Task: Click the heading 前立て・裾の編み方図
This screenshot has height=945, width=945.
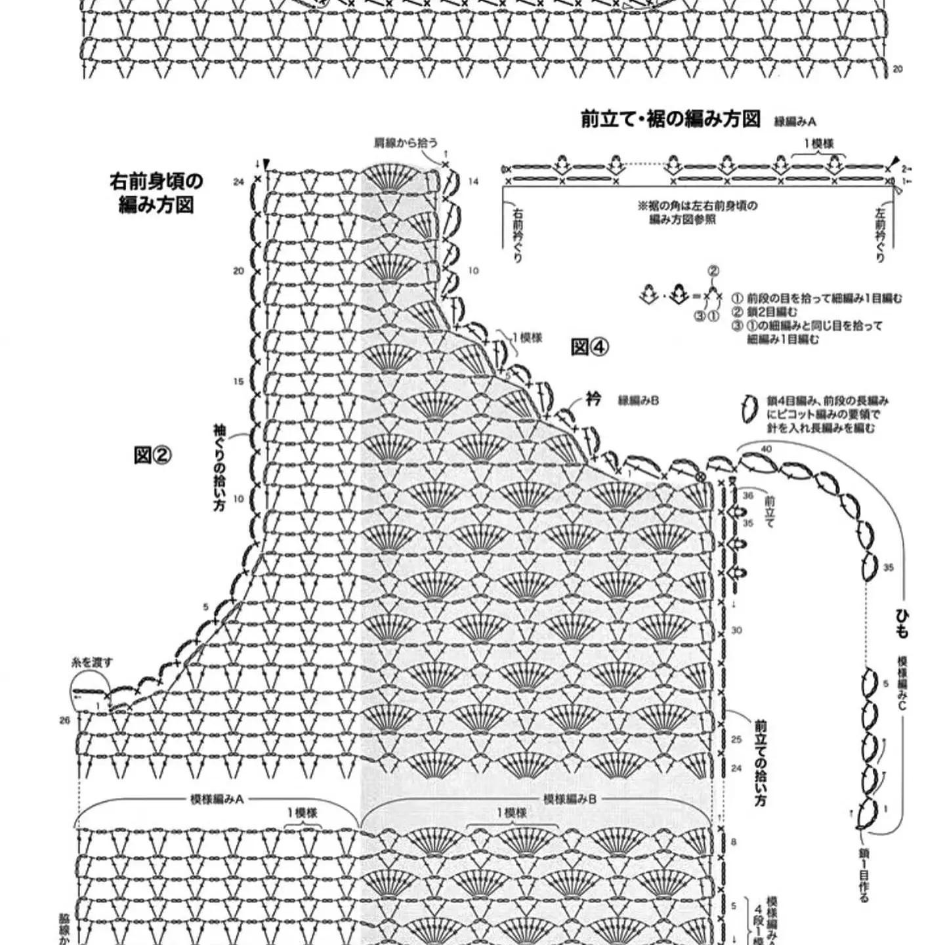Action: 670,119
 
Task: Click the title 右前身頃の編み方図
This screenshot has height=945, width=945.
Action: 156,193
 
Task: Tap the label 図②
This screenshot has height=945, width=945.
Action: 152,454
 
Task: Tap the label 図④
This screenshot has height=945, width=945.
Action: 590,346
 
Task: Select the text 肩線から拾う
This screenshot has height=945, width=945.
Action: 405,142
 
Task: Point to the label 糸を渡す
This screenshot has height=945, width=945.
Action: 92,662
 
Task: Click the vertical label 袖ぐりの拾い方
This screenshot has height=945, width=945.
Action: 219,467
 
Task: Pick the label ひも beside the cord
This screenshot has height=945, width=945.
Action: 902,623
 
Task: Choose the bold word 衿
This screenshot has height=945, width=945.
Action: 593,400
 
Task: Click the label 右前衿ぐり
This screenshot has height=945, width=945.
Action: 518,236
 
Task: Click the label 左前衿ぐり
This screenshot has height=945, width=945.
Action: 880,236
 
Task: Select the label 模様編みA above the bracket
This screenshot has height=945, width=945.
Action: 217,799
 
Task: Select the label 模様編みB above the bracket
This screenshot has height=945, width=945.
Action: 569,799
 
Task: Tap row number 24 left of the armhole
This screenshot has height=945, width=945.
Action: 238,181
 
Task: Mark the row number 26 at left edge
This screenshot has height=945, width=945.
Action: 64,721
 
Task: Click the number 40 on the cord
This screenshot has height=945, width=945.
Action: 766,449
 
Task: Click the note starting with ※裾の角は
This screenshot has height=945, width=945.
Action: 697,212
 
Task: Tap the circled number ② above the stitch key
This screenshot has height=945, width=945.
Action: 713,270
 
